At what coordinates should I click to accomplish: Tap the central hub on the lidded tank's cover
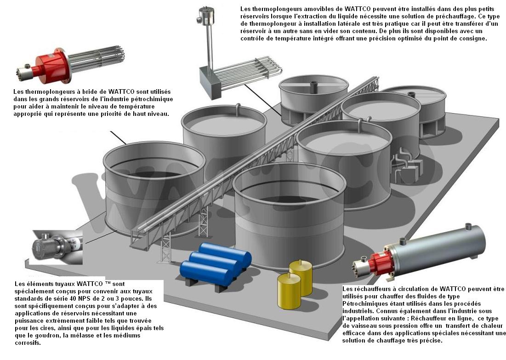click(315, 85)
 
